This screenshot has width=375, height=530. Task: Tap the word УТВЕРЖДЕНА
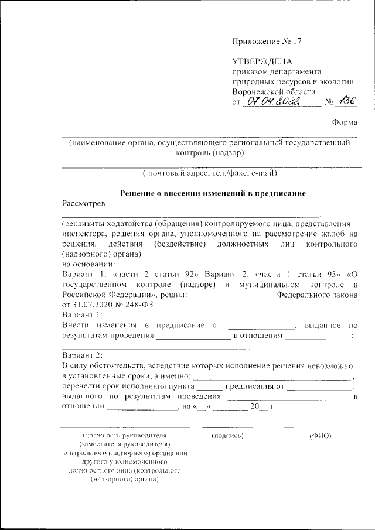(262, 61)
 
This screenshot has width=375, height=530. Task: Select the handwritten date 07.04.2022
(272, 102)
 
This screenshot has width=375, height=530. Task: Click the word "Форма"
(345, 122)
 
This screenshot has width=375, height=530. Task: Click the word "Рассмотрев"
(83, 204)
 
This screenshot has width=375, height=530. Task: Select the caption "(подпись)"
(227, 436)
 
